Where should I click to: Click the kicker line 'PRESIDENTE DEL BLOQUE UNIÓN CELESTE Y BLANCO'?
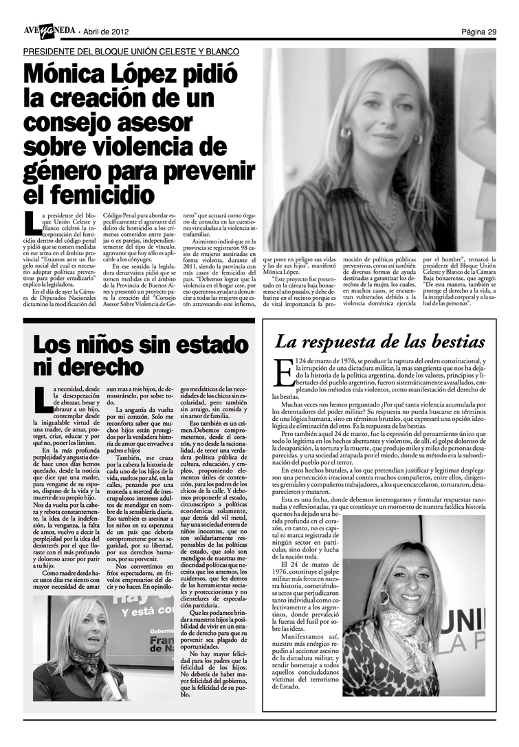point(131,52)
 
